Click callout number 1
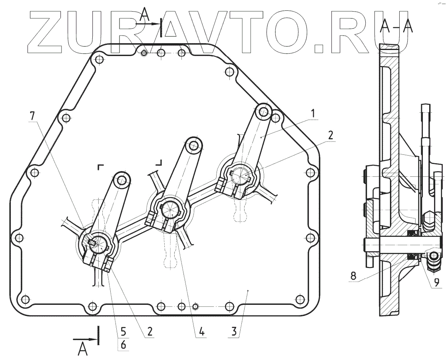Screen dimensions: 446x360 (313, 114)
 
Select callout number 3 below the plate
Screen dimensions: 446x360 (234, 332)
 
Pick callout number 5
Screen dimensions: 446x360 (123, 332)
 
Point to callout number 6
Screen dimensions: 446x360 (123, 345)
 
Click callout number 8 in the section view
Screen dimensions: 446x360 (353, 276)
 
